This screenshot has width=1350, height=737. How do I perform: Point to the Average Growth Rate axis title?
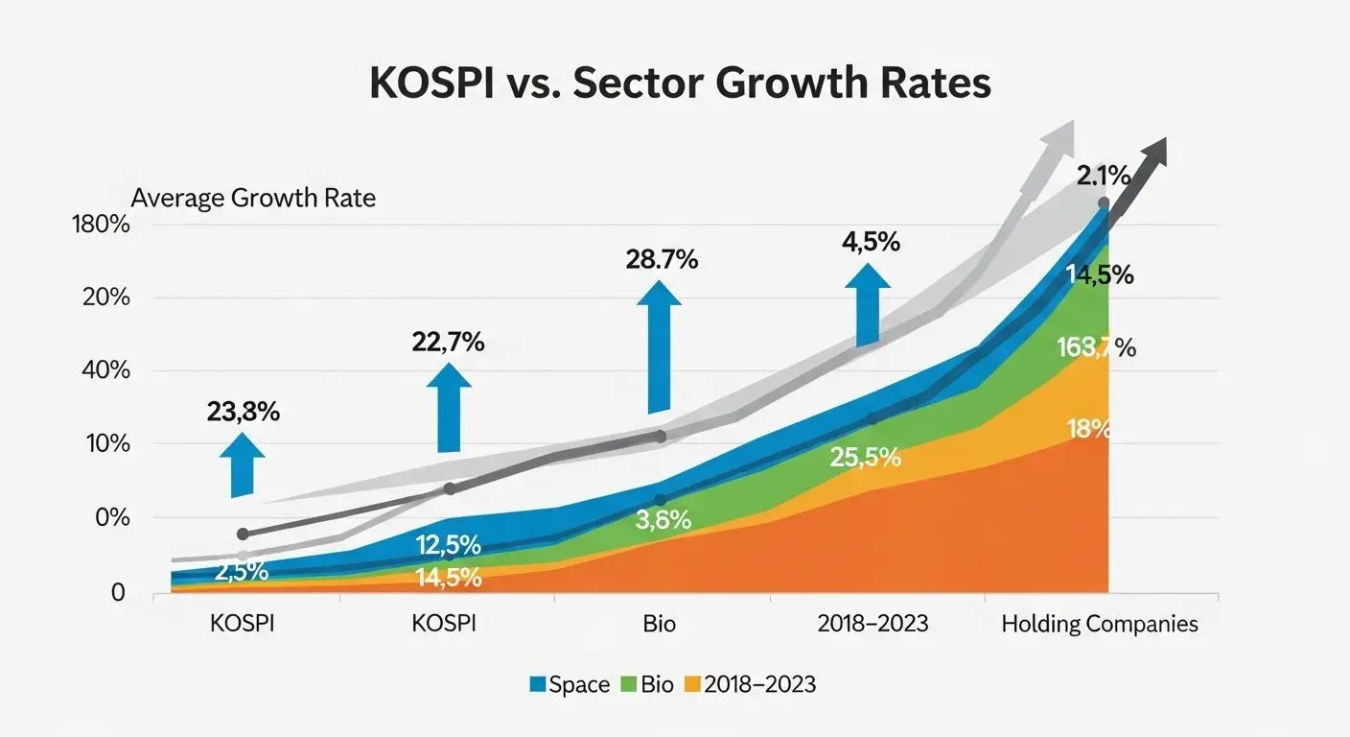point(253,199)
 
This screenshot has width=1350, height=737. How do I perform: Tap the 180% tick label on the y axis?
point(101,225)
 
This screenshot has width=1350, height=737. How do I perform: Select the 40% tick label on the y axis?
point(105,370)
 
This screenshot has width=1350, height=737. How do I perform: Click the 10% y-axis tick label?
point(105,444)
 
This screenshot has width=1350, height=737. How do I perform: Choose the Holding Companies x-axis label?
point(1099,624)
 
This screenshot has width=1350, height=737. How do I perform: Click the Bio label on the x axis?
point(660,624)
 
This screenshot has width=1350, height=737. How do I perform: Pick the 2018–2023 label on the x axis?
point(873,624)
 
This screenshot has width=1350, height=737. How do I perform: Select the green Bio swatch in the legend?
point(630,684)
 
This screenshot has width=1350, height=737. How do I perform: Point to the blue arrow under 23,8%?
point(244,464)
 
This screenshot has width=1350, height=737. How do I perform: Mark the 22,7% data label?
point(446,341)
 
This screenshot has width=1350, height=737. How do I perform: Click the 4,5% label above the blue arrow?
point(871,242)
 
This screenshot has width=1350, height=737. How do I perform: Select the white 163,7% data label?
point(1095,348)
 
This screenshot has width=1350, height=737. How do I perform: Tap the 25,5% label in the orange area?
point(866,458)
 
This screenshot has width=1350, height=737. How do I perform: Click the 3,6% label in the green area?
point(663,521)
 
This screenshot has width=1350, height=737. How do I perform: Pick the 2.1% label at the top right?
point(1103,176)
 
